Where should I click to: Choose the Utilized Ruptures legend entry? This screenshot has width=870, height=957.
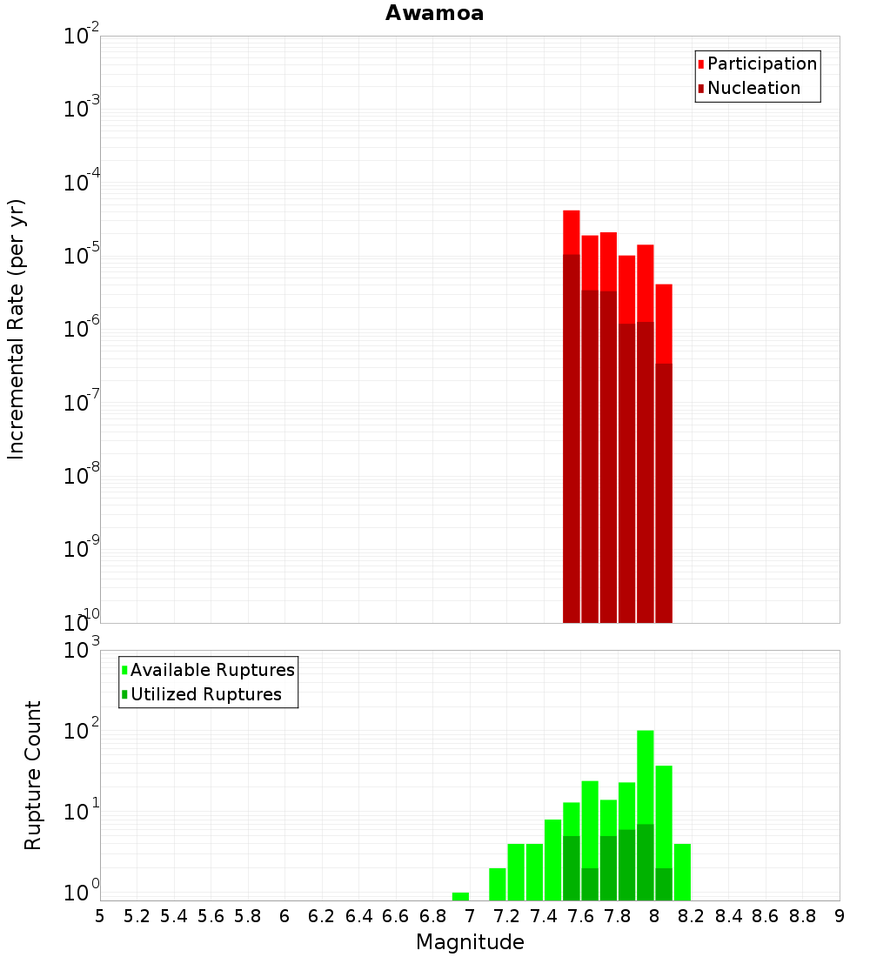(205, 694)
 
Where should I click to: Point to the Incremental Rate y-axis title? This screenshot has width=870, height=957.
(17, 329)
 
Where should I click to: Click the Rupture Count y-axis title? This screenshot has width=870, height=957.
(33, 774)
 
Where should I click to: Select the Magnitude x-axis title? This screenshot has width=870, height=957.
(470, 942)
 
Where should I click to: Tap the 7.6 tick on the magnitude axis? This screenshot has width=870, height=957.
(580, 916)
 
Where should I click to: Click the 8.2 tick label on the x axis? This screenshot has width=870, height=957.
(692, 916)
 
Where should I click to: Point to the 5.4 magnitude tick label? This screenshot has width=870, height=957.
(174, 916)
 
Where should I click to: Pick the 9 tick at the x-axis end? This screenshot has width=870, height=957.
(840, 916)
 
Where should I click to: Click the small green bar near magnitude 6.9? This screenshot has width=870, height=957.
(460, 896)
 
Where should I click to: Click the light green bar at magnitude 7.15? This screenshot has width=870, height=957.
(498, 884)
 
